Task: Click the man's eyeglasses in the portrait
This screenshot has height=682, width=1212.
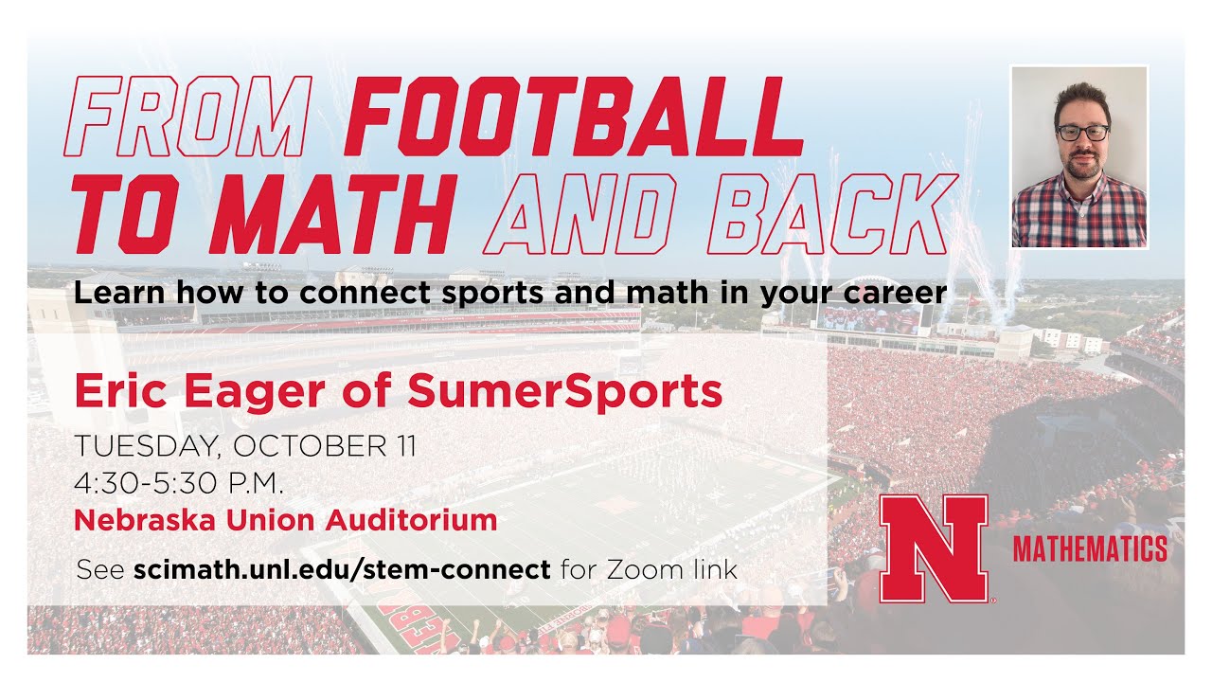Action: (x=1082, y=133)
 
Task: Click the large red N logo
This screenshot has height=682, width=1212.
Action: (x=934, y=548)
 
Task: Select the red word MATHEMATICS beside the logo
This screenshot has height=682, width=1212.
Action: (x=1090, y=548)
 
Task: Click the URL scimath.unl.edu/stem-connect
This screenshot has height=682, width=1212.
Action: (x=342, y=570)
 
